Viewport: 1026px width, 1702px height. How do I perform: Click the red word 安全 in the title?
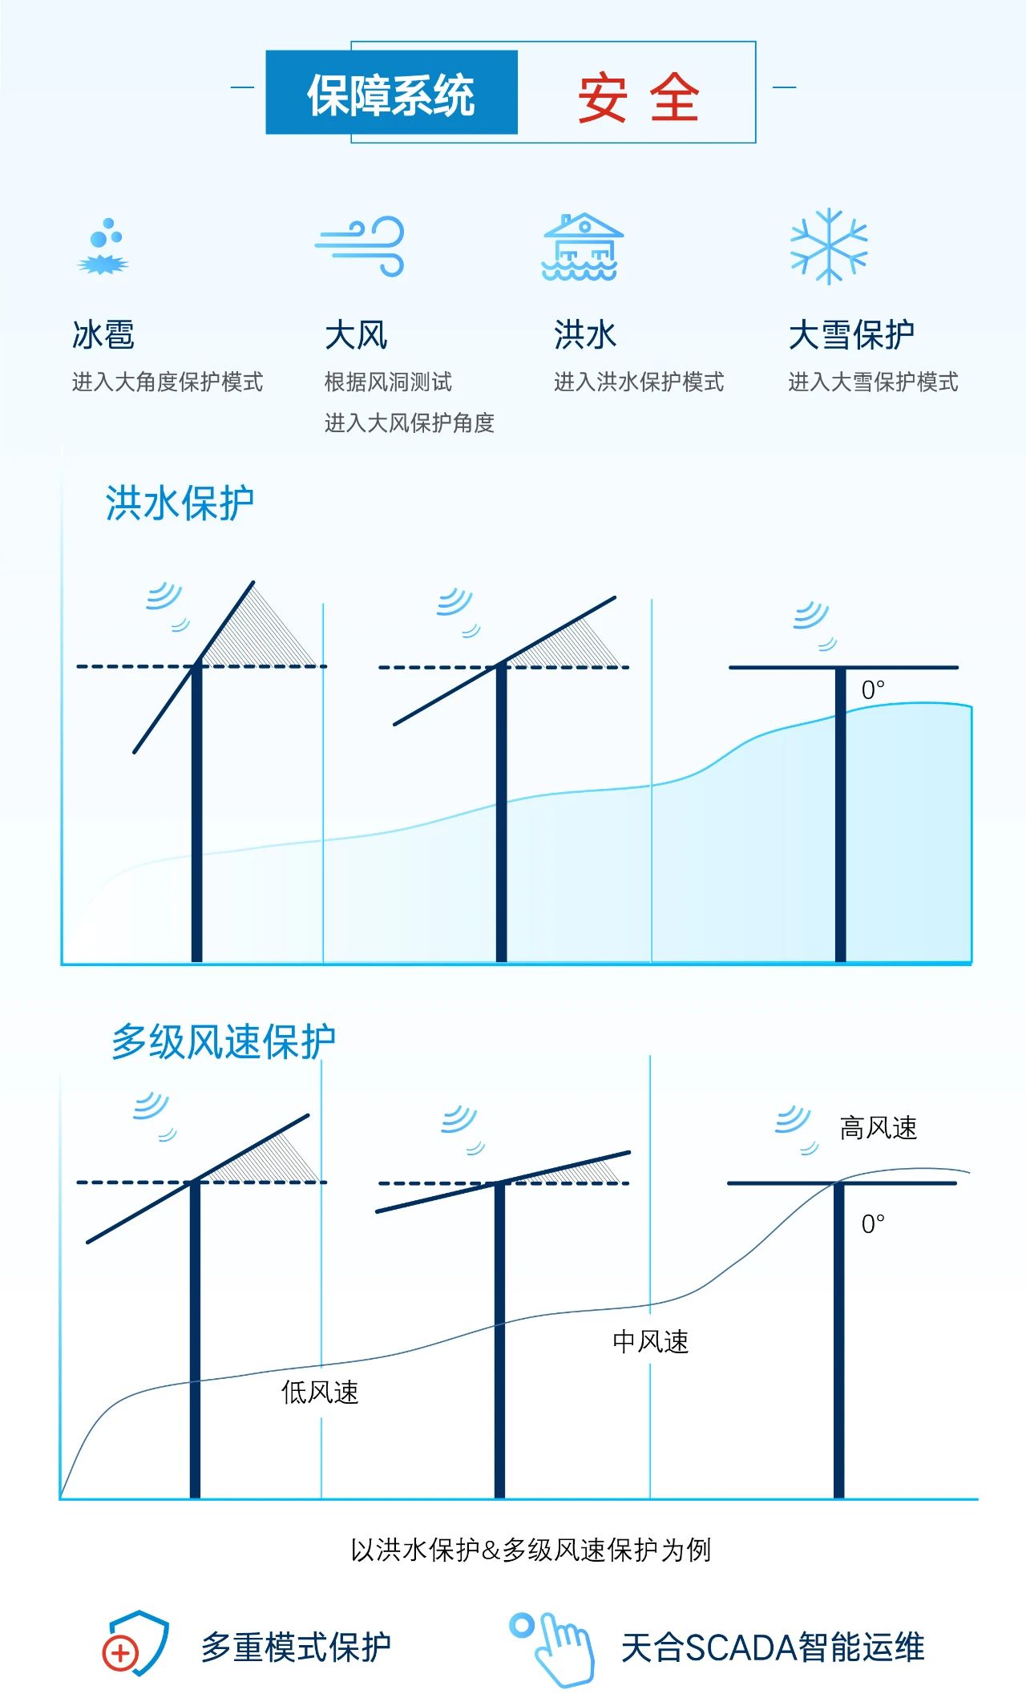(638, 97)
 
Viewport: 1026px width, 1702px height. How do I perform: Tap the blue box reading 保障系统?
(391, 94)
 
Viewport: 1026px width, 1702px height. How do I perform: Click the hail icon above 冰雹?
(104, 247)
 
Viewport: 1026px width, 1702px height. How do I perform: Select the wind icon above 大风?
(361, 245)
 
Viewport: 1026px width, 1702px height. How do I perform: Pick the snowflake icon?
(829, 246)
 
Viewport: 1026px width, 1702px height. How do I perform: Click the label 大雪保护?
(851, 335)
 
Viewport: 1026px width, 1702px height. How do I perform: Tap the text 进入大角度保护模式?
(167, 382)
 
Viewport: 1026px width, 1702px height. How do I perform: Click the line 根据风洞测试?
(388, 382)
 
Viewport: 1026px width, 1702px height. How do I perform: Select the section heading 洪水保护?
(180, 504)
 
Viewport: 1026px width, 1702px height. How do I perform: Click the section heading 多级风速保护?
(223, 1042)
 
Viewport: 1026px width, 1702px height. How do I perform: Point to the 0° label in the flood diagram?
(873, 690)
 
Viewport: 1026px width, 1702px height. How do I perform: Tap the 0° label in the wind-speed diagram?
(873, 1224)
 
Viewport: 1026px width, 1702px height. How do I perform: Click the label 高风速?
(878, 1128)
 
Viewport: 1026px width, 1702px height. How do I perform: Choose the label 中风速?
(650, 1341)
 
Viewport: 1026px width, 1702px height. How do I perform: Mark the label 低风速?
(319, 1392)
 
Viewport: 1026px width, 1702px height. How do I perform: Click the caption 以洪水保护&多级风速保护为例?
(531, 1550)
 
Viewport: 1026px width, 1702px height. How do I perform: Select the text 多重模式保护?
(296, 1647)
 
